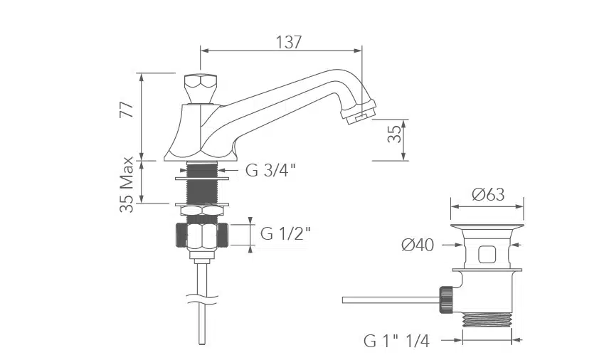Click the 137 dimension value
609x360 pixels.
pyautogui.click(x=289, y=42)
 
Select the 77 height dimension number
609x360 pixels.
pyautogui.click(x=127, y=110)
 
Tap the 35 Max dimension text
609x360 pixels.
pyautogui.click(x=127, y=184)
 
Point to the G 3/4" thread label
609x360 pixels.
pyautogui.click(x=271, y=170)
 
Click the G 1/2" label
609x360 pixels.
pyautogui.click(x=285, y=233)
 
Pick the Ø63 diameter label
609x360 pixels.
pyautogui.click(x=488, y=194)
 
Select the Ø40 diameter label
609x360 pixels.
pyautogui.click(x=418, y=245)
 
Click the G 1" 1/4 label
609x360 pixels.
pyautogui.click(x=396, y=341)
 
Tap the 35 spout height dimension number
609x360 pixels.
pyautogui.click(x=395, y=134)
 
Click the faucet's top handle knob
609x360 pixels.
pyautogui.click(x=200, y=88)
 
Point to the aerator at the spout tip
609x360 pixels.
pyautogui.click(x=359, y=112)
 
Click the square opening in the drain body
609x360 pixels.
pyautogui.click(x=487, y=255)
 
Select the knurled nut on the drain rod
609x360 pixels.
pyautogui.click(x=445, y=300)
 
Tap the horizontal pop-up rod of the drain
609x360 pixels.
pyautogui.click(x=391, y=300)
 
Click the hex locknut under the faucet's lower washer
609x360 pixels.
pyautogui.click(x=202, y=211)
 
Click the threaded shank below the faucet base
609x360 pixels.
pyautogui.click(x=201, y=184)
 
